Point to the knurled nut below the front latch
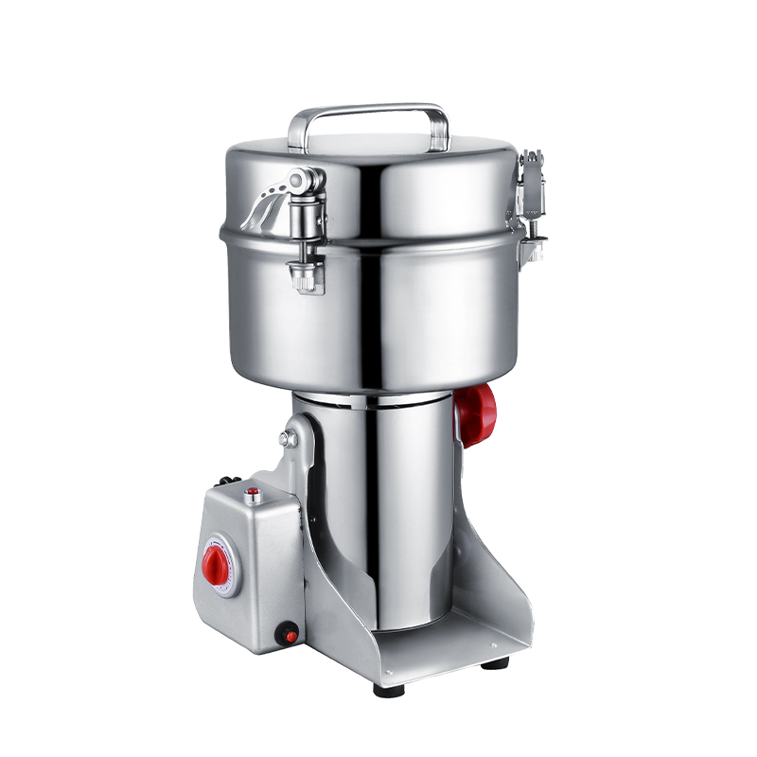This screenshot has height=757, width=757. [306, 277]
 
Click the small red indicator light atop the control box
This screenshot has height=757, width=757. [253, 492]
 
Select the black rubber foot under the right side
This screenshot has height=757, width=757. [490, 666]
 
